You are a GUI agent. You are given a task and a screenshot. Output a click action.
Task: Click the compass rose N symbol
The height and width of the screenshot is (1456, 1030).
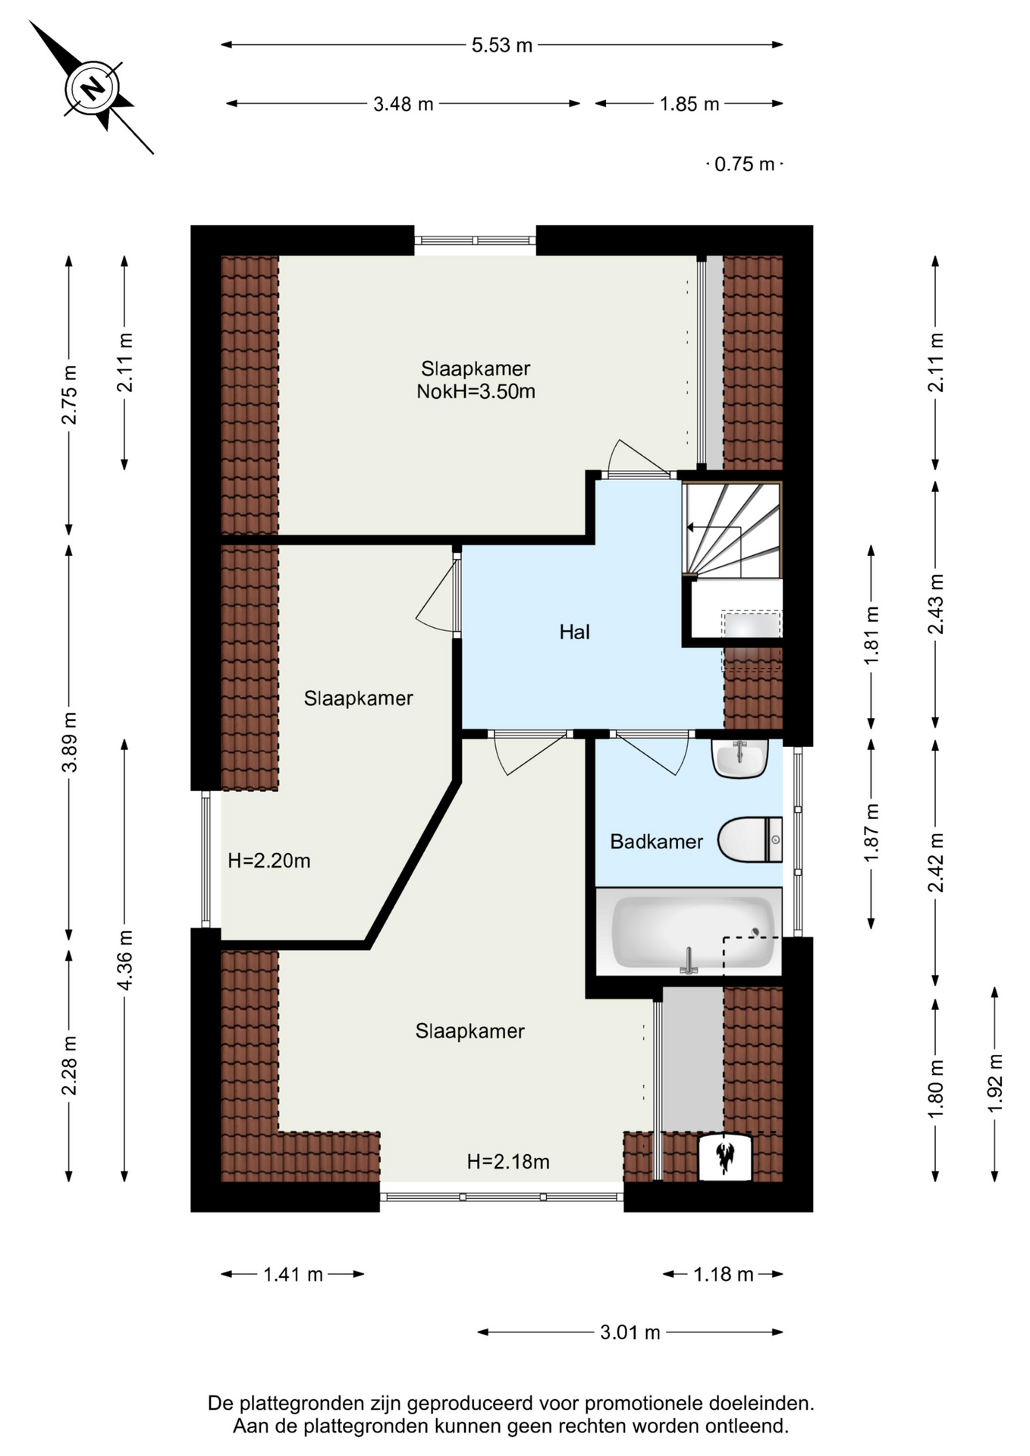pyautogui.click(x=93, y=88)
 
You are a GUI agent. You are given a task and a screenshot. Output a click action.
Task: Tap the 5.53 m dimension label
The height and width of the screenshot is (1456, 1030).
pyautogui.click(x=502, y=45)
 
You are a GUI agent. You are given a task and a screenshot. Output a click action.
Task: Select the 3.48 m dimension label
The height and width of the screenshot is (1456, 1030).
pyautogui.click(x=403, y=104)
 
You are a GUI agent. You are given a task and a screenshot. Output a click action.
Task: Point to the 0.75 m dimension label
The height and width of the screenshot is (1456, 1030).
pyautogui.click(x=745, y=164)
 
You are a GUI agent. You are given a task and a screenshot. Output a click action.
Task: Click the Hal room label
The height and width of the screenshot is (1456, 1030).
pyautogui.click(x=574, y=632)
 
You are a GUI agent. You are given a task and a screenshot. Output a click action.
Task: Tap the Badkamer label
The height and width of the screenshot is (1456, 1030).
pyautogui.click(x=656, y=842)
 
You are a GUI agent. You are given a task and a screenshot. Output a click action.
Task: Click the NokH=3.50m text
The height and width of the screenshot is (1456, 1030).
pyautogui.click(x=476, y=392)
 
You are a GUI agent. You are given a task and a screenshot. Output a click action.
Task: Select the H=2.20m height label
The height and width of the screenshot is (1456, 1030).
pyautogui.click(x=268, y=861)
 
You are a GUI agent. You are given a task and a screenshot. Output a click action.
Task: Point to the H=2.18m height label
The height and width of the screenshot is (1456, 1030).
pyautogui.click(x=508, y=1162)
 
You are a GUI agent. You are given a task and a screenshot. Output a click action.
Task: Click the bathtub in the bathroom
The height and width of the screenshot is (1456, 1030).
pyautogui.click(x=689, y=932)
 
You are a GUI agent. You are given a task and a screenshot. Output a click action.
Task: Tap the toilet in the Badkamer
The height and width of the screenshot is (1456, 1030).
pyautogui.click(x=749, y=839)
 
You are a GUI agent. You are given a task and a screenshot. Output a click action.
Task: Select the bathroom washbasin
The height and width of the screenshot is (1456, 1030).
pyautogui.click(x=740, y=758)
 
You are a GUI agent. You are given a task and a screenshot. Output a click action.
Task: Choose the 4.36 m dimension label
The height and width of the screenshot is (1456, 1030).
pyautogui.click(x=125, y=960)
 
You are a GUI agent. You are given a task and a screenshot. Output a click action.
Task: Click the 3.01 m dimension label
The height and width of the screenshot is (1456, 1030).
pyautogui.click(x=630, y=1332)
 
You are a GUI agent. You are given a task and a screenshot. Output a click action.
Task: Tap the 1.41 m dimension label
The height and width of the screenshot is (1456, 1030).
pyautogui.click(x=293, y=1275)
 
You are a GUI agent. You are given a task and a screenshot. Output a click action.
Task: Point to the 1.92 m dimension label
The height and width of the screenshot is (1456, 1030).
pyautogui.click(x=995, y=1083)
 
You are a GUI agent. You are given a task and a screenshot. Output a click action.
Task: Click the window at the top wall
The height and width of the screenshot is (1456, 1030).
pyautogui.click(x=475, y=241)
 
